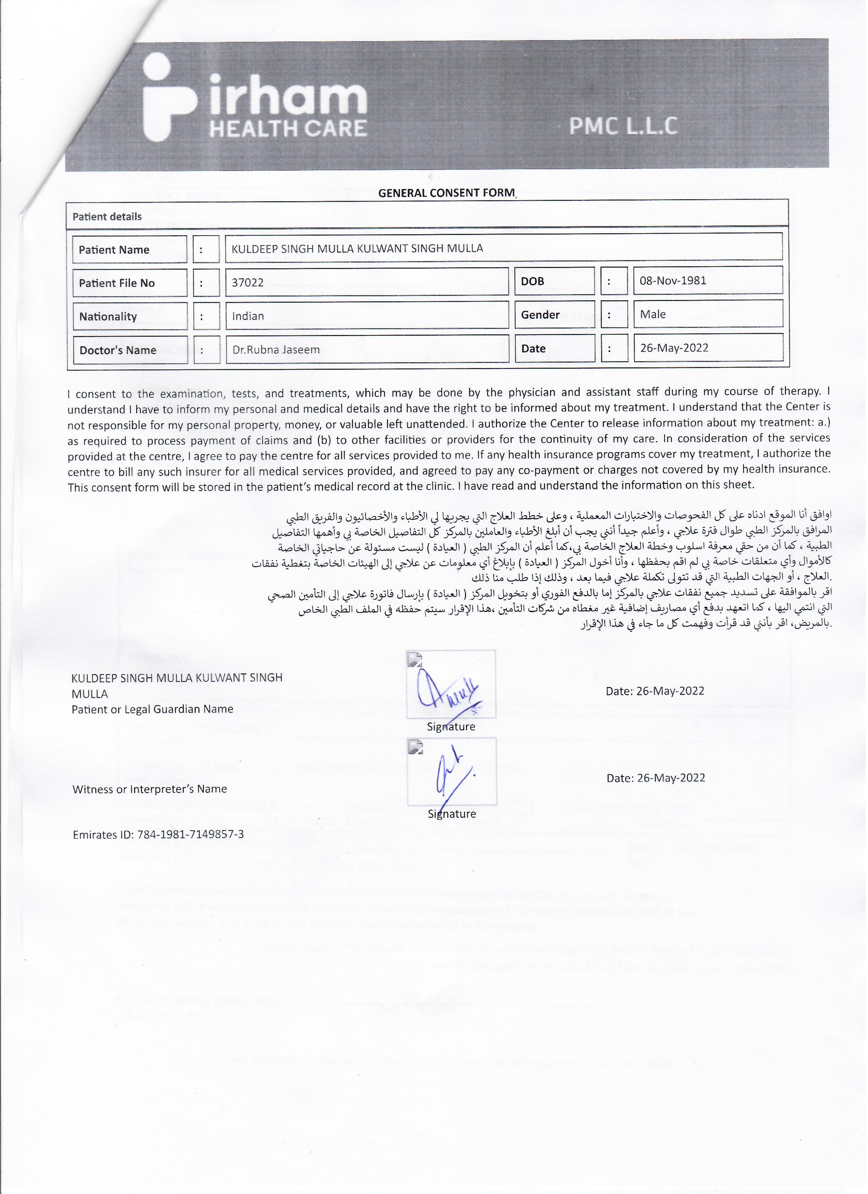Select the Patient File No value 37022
[x=248, y=283]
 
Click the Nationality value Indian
[x=248, y=316]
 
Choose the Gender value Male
[x=653, y=314]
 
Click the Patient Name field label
[x=114, y=250]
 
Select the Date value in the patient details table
[x=674, y=348]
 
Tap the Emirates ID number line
[x=158, y=834]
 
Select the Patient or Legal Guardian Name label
[x=152, y=709]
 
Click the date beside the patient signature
[x=655, y=691]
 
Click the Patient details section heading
[x=107, y=217]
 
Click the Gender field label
[x=540, y=315]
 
